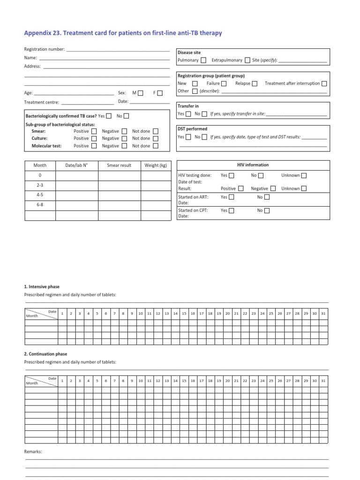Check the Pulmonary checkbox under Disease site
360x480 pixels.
tap(203, 60)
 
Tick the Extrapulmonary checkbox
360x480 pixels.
tap(247, 60)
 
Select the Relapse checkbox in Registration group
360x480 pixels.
tap(255, 83)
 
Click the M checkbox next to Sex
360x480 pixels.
tap(141, 93)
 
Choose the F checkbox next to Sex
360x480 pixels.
tap(160, 93)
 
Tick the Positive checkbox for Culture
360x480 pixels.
tap(94, 139)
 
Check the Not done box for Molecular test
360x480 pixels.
tap(156, 146)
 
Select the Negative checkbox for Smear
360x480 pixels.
tap(124, 132)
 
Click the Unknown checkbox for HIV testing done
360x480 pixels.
tap(304, 175)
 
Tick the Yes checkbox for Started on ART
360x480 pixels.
tap(232, 197)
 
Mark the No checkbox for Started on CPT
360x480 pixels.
tap(267, 211)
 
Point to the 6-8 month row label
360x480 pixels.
tap(40, 205)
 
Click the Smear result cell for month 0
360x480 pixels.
tap(119, 175)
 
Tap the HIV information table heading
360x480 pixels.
tap(253, 165)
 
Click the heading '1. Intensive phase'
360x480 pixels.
tap(42, 286)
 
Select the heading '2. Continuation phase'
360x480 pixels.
tap(45, 354)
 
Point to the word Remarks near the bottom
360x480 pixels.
tap(33, 451)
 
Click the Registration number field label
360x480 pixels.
tap(45, 49)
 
